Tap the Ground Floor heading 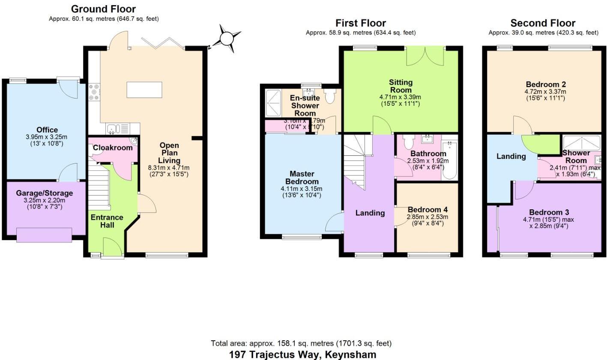103,9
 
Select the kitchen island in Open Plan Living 144,89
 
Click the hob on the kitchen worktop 94,92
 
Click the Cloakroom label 113,148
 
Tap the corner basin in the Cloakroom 134,141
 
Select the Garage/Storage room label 45,193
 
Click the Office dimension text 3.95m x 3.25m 47,137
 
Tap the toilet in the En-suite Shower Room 329,96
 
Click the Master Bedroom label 302,178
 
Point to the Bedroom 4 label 428,210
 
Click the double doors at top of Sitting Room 425,56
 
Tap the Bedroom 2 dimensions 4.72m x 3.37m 545,92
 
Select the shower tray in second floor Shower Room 581,142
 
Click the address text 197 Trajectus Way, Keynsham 302,354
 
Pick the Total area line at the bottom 301,343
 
